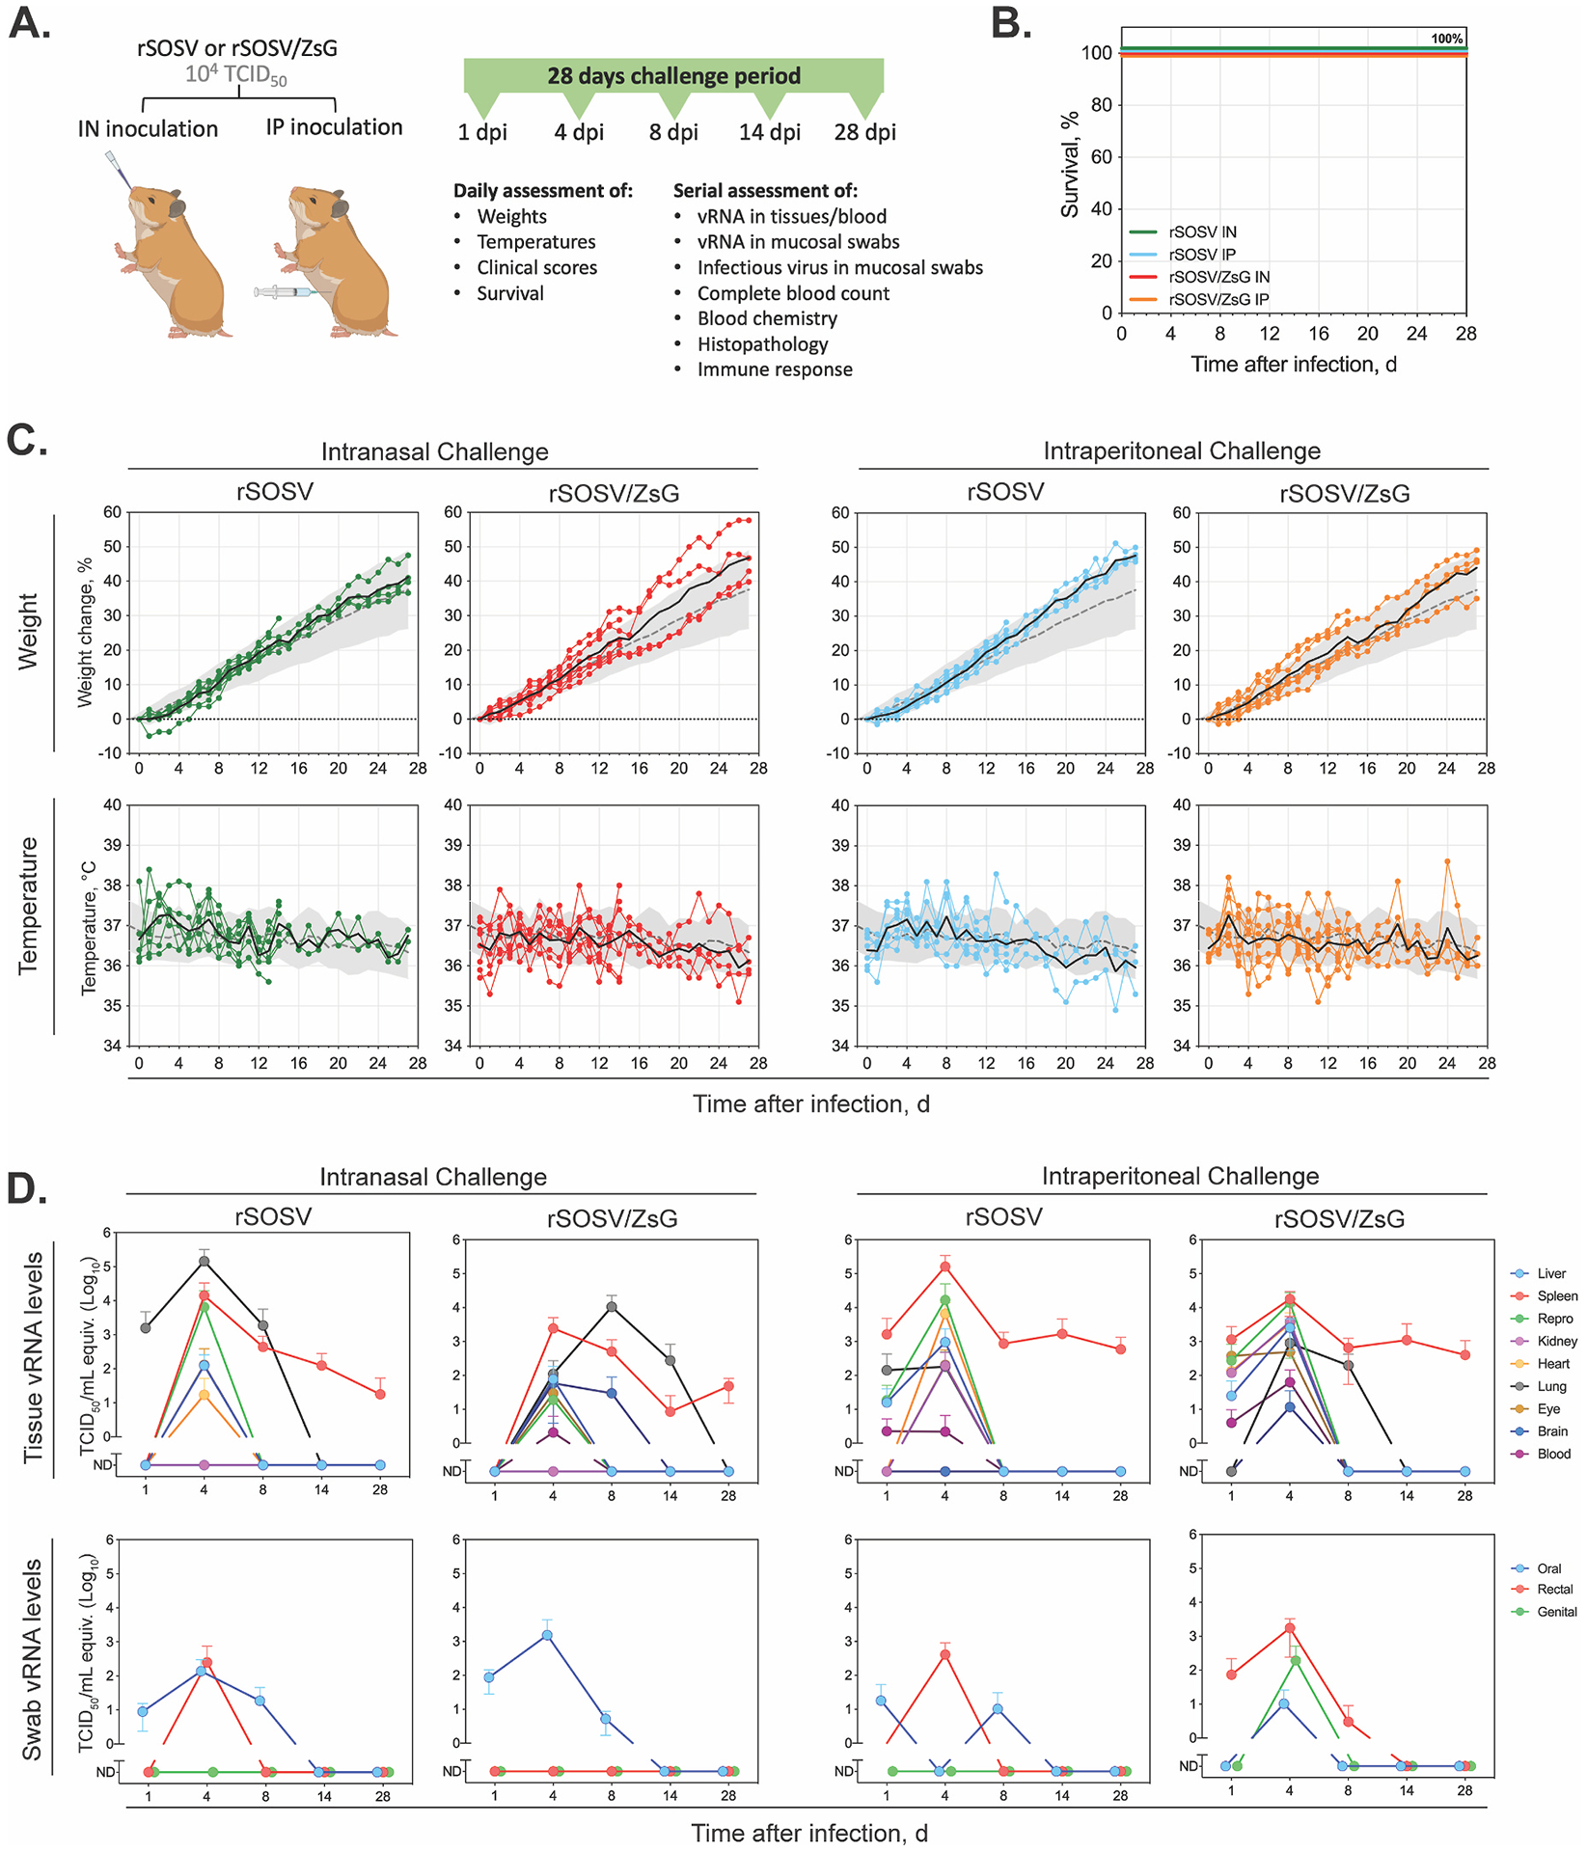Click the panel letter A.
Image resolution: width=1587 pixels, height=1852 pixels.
29,23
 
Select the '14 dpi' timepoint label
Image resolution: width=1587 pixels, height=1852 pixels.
769,132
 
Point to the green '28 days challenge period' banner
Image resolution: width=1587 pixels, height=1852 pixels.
673,76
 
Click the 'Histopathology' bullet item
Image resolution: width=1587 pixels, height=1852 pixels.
762,344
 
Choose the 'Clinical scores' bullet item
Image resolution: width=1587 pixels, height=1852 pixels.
536,268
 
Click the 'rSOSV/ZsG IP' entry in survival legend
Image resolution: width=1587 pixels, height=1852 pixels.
1218,300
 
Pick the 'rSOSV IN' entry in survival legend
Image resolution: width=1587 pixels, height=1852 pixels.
1202,232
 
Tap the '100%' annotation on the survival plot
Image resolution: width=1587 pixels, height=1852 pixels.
1446,39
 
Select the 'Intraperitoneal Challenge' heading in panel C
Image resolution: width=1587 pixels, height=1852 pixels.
1181,451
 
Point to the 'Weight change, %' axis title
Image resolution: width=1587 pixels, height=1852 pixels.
85,632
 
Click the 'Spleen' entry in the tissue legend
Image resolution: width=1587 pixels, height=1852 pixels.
1557,1296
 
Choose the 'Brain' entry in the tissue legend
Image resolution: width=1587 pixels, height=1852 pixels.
1552,1431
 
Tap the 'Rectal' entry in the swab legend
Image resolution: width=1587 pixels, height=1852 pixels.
1554,1589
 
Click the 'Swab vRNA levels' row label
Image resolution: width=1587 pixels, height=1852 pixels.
32,1659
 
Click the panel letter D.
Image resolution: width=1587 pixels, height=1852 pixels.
27,1188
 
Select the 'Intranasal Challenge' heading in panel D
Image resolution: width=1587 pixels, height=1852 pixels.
433,1177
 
